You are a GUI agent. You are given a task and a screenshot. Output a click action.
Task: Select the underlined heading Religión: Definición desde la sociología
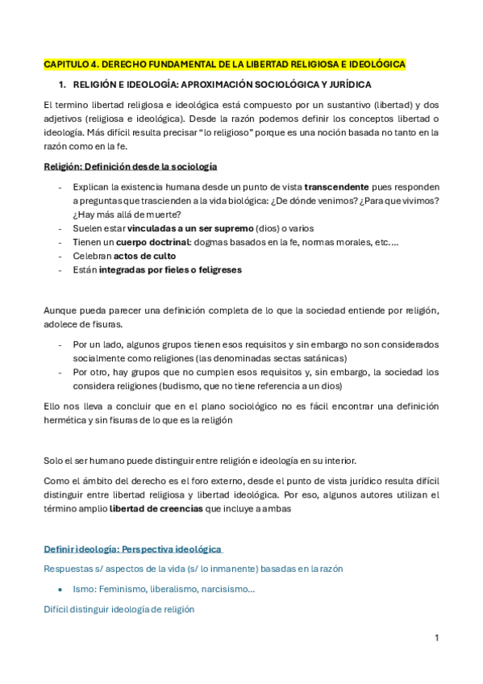click(130, 167)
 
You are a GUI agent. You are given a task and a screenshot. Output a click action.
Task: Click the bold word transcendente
click(336, 186)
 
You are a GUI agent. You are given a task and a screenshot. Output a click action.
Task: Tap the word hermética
click(66, 419)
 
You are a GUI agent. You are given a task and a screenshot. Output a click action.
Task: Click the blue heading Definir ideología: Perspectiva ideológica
click(132, 549)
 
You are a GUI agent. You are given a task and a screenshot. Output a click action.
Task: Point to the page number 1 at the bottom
click(436, 638)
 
